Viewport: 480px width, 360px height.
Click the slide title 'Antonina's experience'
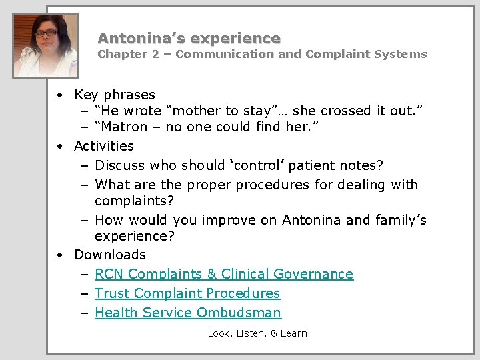(x=189, y=39)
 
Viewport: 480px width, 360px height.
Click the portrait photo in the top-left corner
(x=45, y=45)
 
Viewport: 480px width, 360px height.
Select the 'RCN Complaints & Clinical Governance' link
(x=224, y=274)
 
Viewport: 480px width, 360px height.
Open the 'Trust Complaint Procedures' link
(x=187, y=293)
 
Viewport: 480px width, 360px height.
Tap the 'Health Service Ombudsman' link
(x=188, y=313)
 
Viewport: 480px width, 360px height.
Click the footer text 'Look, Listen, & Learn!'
(x=259, y=333)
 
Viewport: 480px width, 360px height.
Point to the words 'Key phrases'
(x=114, y=95)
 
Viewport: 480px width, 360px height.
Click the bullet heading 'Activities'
(x=104, y=146)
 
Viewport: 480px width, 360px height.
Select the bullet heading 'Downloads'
(x=110, y=255)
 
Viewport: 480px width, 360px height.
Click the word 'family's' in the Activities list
(x=394, y=220)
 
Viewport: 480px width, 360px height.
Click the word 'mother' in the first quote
(x=197, y=111)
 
